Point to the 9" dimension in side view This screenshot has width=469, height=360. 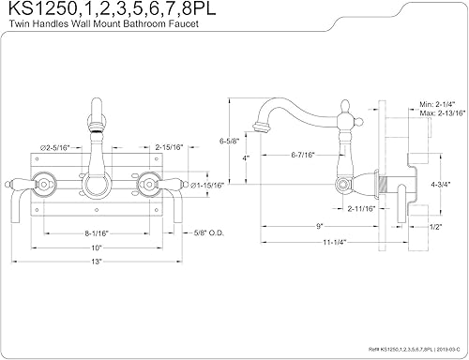(x=320, y=225)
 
